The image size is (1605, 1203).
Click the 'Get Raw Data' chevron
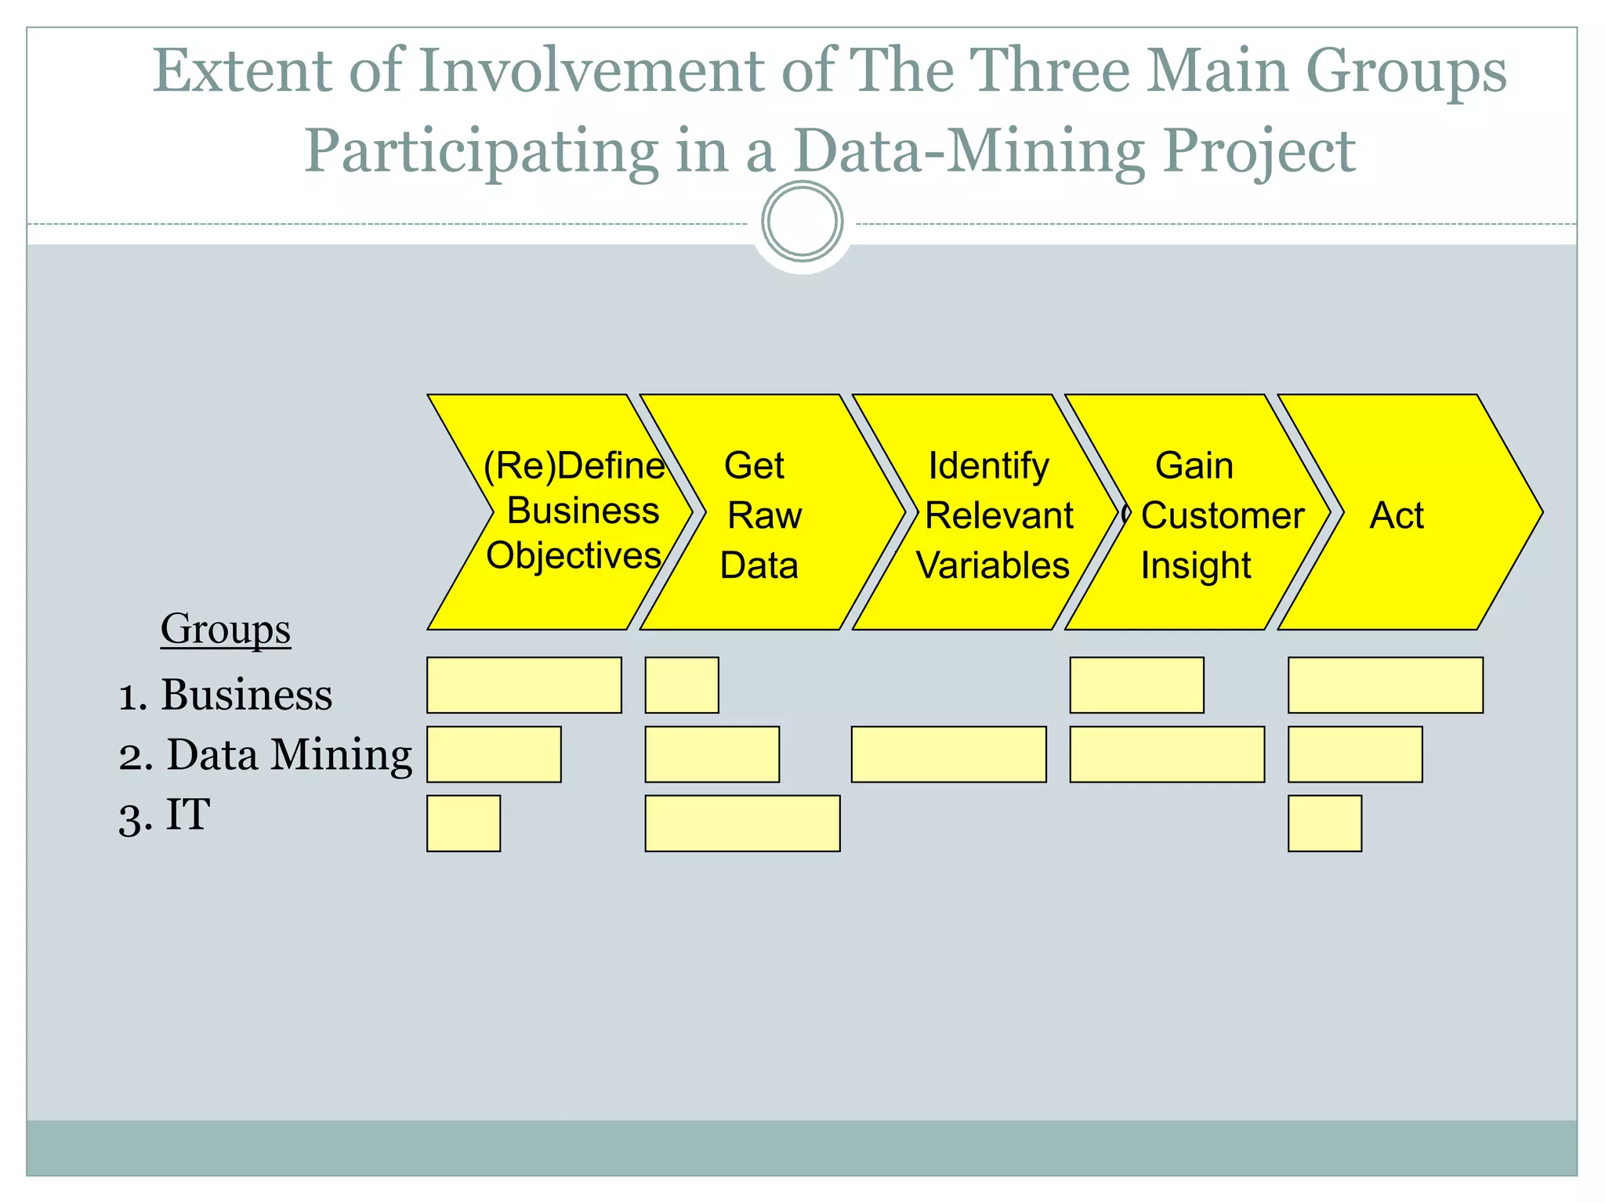click(764, 513)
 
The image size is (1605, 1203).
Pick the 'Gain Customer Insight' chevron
click(1203, 513)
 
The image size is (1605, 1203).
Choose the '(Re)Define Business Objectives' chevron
click(568, 513)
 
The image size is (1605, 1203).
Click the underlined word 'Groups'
click(226, 629)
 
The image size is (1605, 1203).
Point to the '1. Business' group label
click(226, 695)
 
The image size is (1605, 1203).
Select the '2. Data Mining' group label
click(265, 755)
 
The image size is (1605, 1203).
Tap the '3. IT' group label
click(165, 815)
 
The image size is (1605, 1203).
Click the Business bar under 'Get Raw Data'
click(682, 685)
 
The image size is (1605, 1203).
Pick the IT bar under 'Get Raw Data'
click(742, 823)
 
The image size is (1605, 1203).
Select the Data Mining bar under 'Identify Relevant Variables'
click(948, 754)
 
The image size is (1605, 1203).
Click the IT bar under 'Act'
click(1324, 823)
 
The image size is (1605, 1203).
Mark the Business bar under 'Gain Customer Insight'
click(1136, 685)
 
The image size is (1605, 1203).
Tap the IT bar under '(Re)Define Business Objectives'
click(463, 823)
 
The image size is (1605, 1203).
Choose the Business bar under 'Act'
click(1385, 685)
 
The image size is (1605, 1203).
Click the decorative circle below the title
click(802, 222)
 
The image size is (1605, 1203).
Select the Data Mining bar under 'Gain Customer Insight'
click(1167, 754)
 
